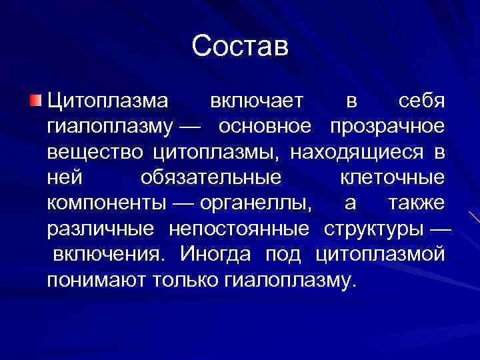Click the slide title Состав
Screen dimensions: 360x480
pyautogui.click(x=240, y=47)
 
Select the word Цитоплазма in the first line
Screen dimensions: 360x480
pyautogui.click(x=107, y=101)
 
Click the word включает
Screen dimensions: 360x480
pyautogui.click(x=257, y=101)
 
